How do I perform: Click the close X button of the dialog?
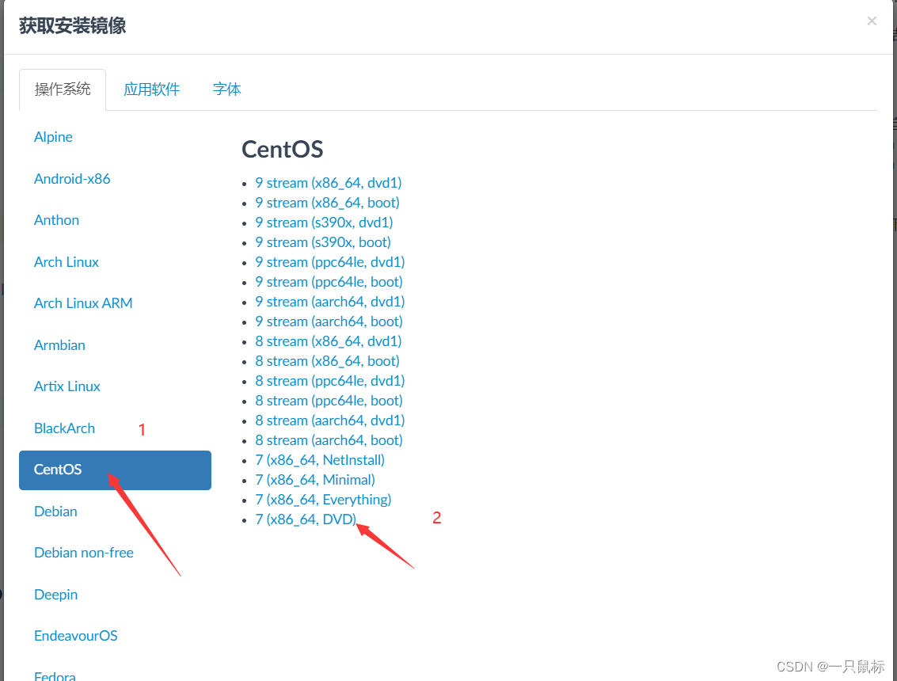tap(872, 21)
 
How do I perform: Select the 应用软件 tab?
tap(151, 89)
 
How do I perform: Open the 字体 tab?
tap(226, 89)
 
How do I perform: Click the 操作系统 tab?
tap(63, 89)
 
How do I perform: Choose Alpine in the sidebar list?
tap(53, 137)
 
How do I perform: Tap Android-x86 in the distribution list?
tap(72, 179)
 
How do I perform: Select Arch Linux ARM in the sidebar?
tap(83, 303)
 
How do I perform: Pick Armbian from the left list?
tap(59, 345)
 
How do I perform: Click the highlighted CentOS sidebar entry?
tap(115, 470)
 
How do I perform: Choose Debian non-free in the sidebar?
tap(84, 553)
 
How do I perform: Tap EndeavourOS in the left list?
tap(75, 636)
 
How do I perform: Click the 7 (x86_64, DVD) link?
tap(306, 519)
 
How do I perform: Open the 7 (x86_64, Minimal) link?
tap(315, 480)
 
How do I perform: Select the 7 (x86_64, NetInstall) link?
tap(320, 460)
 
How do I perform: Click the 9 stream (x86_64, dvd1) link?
tap(328, 183)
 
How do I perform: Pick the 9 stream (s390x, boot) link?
tap(323, 242)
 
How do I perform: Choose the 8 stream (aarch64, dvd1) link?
tap(329, 420)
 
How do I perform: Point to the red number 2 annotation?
tap(436, 518)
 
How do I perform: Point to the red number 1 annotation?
tap(143, 430)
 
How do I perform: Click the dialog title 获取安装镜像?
tap(72, 26)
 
